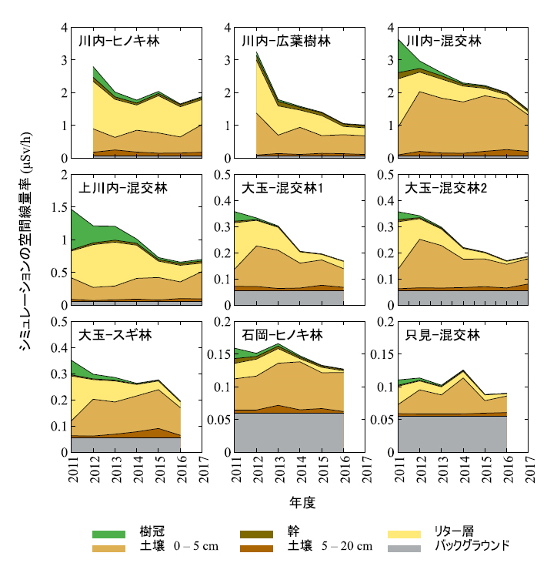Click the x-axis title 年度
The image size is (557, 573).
(x=302, y=502)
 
